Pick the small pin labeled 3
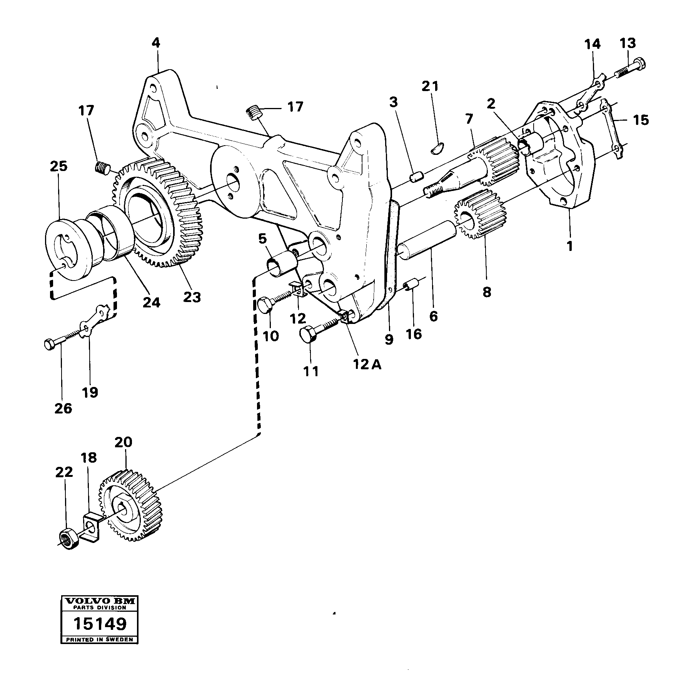pos(416,177)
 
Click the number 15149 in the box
pos(100,624)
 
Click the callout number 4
pos(155,43)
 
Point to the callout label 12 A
pos(367,364)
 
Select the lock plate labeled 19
pos(94,319)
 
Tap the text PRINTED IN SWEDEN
pos(100,639)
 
